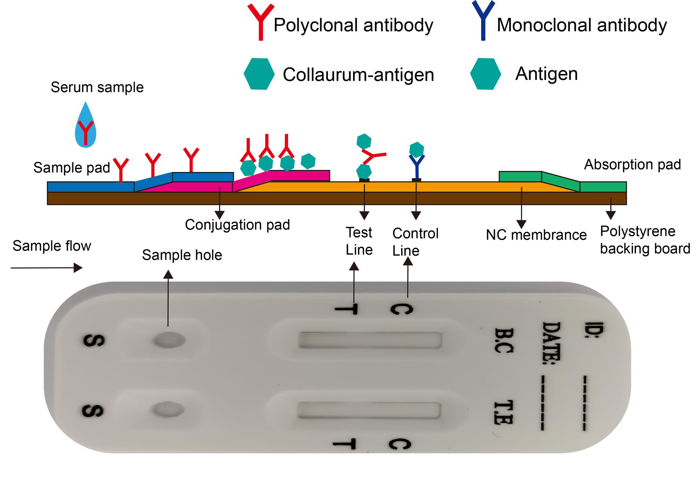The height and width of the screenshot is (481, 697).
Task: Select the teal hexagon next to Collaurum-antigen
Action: (259, 74)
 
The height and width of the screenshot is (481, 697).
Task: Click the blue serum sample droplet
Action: (86, 127)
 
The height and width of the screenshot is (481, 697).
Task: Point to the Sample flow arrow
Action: (47, 268)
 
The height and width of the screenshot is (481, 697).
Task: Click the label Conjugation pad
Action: (237, 225)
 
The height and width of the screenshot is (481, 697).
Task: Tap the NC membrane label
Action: (536, 235)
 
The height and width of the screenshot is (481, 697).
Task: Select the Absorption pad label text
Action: (632, 165)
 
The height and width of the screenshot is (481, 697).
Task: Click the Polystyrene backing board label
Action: (645, 240)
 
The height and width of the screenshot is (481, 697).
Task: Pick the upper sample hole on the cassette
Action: (169, 340)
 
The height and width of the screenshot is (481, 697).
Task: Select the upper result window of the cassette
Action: (370, 340)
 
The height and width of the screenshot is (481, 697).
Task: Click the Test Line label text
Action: (359, 241)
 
